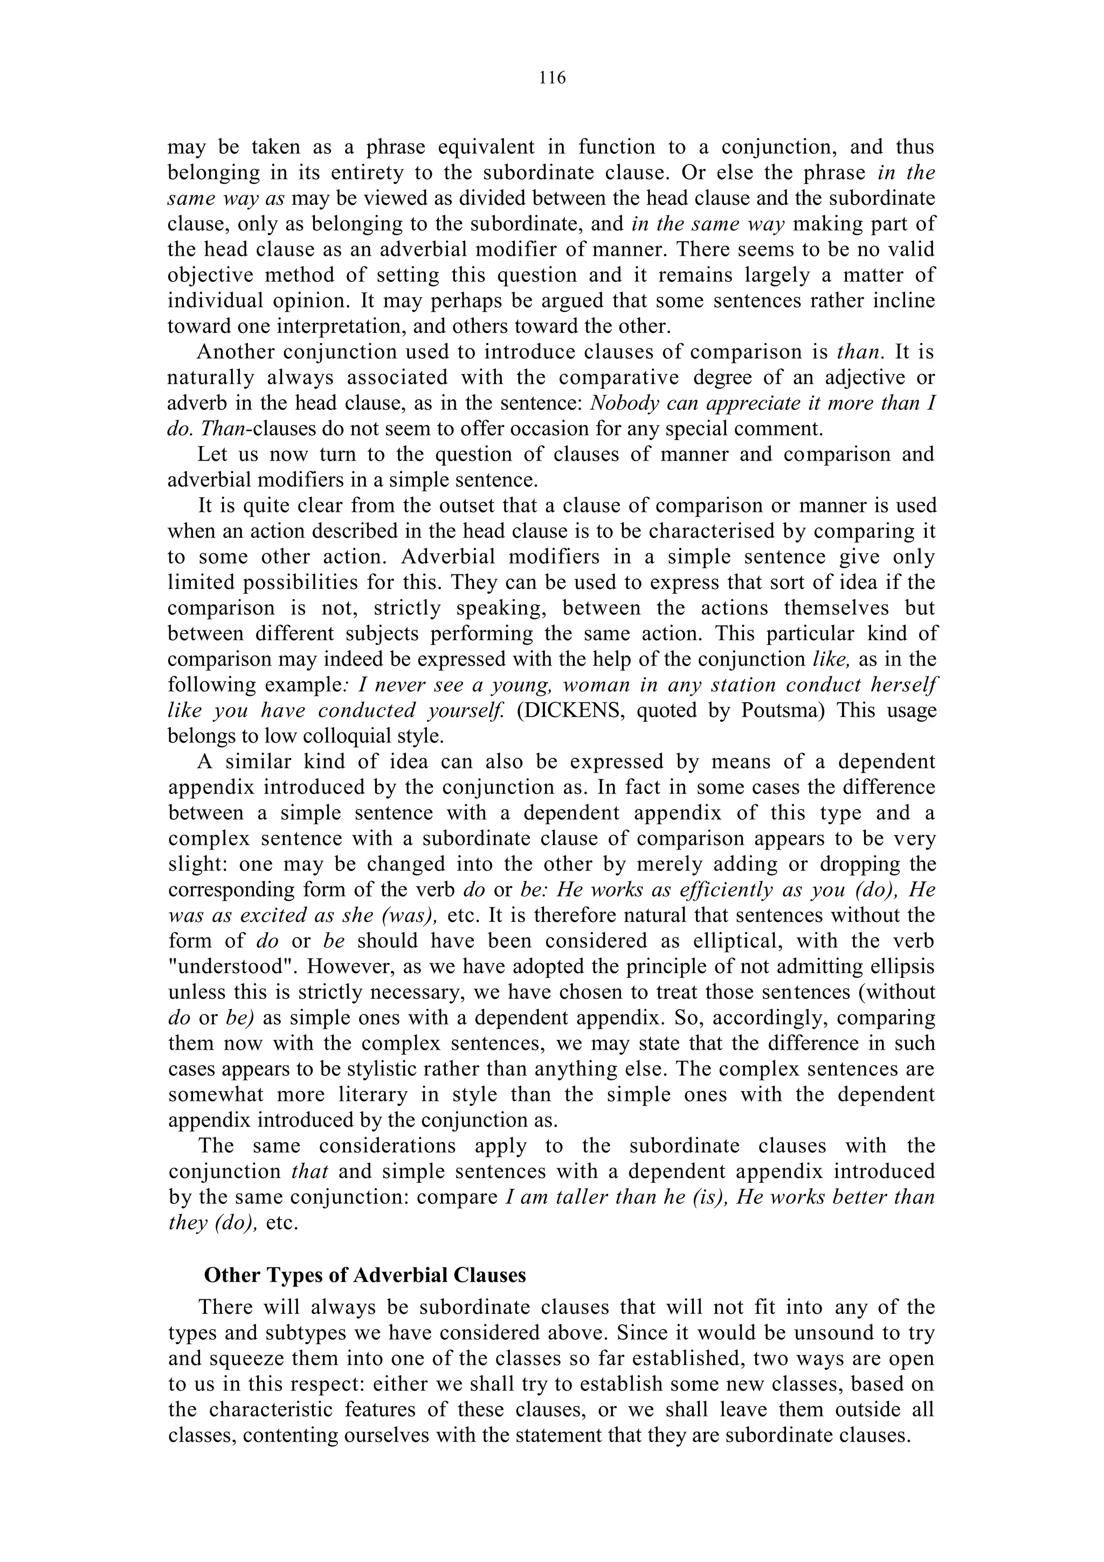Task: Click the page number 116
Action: pyautogui.click(x=552, y=78)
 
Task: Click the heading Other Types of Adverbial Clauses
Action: pyautogui.click(x=365, y=1275)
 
